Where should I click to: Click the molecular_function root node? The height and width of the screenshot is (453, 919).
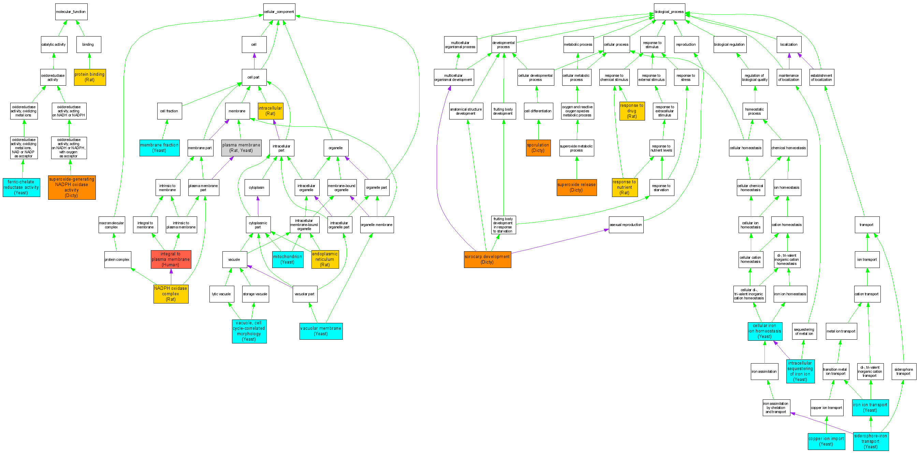[71, 12]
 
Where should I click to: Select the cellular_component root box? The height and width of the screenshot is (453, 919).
[279, 12]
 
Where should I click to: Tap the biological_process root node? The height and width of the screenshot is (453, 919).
[669, 12]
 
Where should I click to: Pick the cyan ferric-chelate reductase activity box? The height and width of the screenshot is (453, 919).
[21, 187]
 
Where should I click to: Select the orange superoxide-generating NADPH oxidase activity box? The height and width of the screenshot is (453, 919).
[72, 187]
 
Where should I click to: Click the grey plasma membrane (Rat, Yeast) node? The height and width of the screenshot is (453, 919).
[241, 148]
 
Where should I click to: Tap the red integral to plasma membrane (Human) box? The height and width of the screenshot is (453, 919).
[171, 259]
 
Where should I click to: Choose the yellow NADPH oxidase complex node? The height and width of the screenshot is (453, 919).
[171, 294]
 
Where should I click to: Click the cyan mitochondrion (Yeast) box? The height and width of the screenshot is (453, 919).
[288, 259]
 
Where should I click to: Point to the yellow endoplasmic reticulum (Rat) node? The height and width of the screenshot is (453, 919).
[325, 259]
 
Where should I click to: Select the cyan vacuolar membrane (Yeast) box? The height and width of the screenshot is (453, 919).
[321, 331]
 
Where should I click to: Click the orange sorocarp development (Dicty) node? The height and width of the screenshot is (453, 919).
[487, 259]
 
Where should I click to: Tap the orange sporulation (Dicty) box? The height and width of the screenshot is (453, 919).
[538, 148]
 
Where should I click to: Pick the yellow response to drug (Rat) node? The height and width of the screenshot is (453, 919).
[632, 111]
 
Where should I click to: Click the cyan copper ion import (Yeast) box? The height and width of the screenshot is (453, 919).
[826, 441]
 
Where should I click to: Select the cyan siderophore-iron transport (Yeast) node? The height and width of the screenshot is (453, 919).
[871, 441]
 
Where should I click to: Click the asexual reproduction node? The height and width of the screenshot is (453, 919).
[626, 225]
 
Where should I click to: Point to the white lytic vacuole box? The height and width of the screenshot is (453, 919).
[221, 294]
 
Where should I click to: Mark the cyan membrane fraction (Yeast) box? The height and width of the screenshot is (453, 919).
[159, 148]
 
